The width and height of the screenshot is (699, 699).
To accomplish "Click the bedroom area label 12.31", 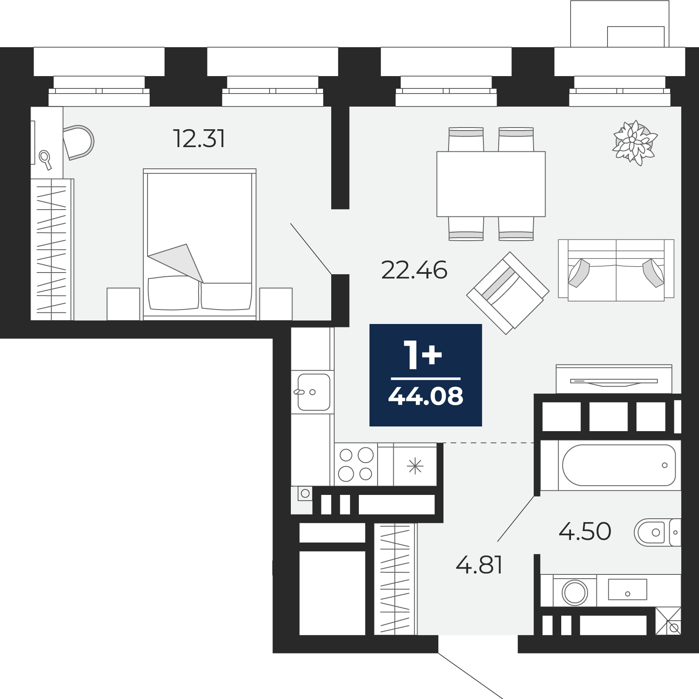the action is [199, 139].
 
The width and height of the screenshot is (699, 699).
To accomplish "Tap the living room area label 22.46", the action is [414, 270].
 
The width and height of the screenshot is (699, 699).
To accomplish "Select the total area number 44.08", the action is [426, 396].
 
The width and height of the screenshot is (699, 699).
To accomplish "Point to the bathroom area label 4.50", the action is [585, 531].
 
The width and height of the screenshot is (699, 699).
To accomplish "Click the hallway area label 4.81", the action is [479, 565].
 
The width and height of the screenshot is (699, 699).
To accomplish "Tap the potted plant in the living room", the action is [635, 142].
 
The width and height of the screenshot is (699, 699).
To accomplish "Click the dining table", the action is [491, 184].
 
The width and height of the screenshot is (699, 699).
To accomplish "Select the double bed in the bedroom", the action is [200, 244].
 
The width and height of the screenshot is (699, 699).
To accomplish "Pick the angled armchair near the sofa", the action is [508, 293].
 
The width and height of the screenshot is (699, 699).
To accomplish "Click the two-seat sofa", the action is [616, 270].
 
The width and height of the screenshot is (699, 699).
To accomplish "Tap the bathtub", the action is [619, 465].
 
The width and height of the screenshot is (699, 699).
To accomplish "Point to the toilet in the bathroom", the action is [657, 532].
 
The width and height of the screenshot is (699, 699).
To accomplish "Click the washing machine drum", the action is [574, 592].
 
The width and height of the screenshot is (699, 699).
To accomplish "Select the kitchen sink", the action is [314, 392].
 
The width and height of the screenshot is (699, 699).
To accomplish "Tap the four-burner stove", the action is [356, 464].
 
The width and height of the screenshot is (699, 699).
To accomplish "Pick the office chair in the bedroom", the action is [79, 142].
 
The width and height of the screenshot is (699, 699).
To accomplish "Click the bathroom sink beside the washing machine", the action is [627, 589].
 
